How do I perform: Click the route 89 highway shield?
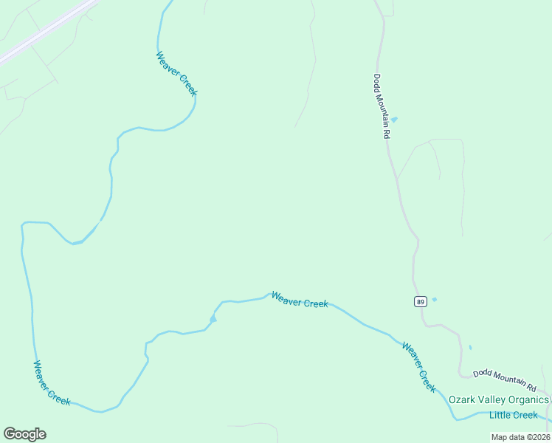(x=420, y=301)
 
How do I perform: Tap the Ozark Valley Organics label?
(x=499, y=400)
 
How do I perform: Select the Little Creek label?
(x=514, y=415)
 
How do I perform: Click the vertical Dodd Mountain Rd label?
(x=381, y=106)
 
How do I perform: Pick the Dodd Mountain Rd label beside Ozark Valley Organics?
(x=505, y=379)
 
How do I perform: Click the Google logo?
(x=24, y=434)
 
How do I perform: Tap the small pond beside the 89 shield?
(x=434, y=299)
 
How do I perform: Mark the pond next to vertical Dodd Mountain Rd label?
(x=394, y=120)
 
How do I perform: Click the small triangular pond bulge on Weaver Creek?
(x=213, y=318)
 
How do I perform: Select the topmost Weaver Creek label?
(x=177, y=73)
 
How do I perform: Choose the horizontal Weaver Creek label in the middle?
(x=300, y=300)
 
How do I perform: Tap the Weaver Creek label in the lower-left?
(x=52, y=382)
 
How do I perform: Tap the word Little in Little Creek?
(x=500, y=415)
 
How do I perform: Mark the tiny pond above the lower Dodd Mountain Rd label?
(x=470, y=347)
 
